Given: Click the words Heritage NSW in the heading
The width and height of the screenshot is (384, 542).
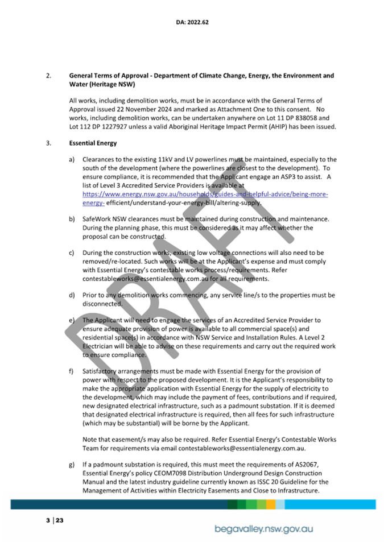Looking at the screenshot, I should point(113,84).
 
